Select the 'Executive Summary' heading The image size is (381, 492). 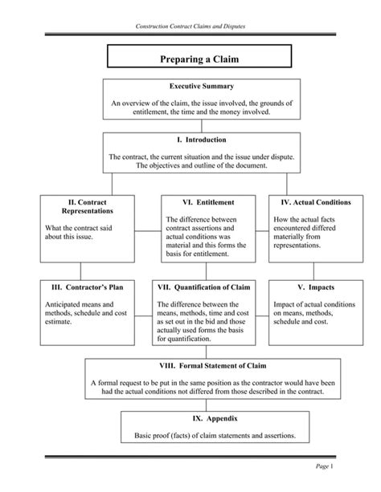tap(190, 85)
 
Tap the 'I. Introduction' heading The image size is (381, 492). tap(190, 140)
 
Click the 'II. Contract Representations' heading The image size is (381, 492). tap(76, 205)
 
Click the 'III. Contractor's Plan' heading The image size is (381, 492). tap(76, 287)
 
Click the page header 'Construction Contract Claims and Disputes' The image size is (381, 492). tap(190, 27)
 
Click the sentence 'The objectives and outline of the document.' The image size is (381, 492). tap(190, 166)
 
